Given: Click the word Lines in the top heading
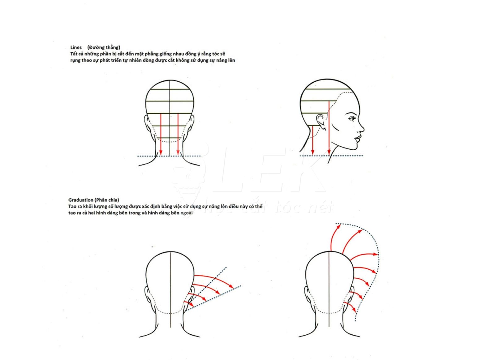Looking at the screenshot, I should pyautogui.click(x=76, y=47).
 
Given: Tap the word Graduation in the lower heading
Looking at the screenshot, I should pyautogui.click(x=80, y=200).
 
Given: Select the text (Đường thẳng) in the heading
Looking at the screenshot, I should pyautogui.click(x=104, y=47).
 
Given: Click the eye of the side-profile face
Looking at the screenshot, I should pyautogui.click(x=352, y=118).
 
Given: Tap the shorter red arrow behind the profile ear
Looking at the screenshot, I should pyautogui.click(x=312, y=139).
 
